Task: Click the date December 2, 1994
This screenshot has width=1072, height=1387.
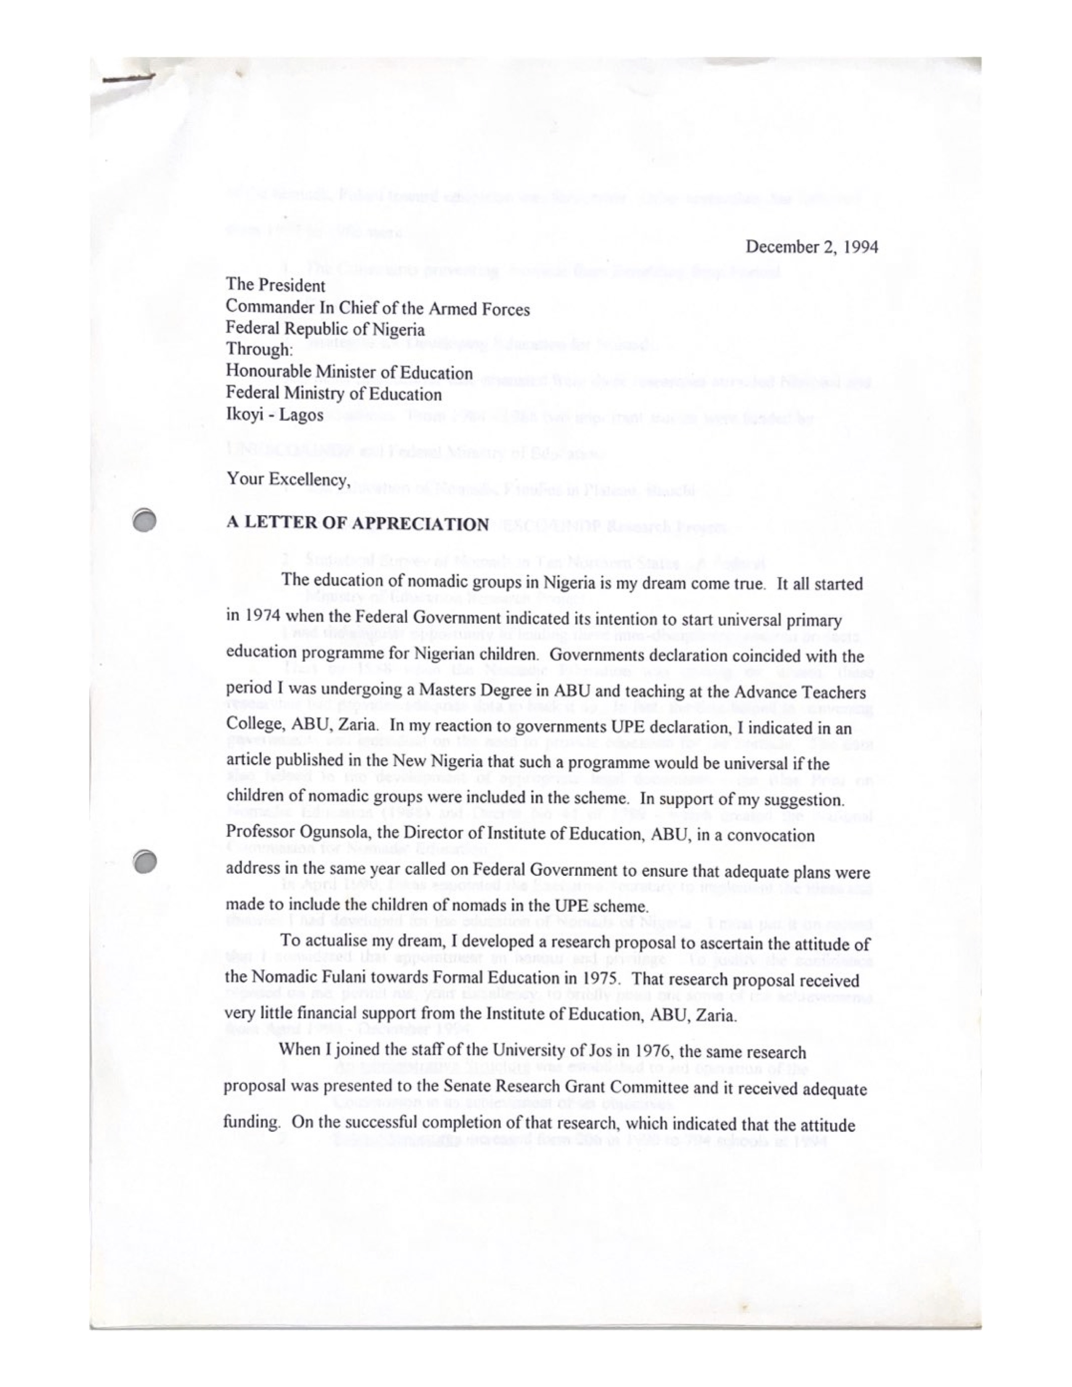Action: tap(811, 247)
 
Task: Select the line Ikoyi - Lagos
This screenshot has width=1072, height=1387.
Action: tap(275, 415)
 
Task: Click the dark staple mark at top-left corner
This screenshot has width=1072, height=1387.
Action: tap(127, 79)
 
